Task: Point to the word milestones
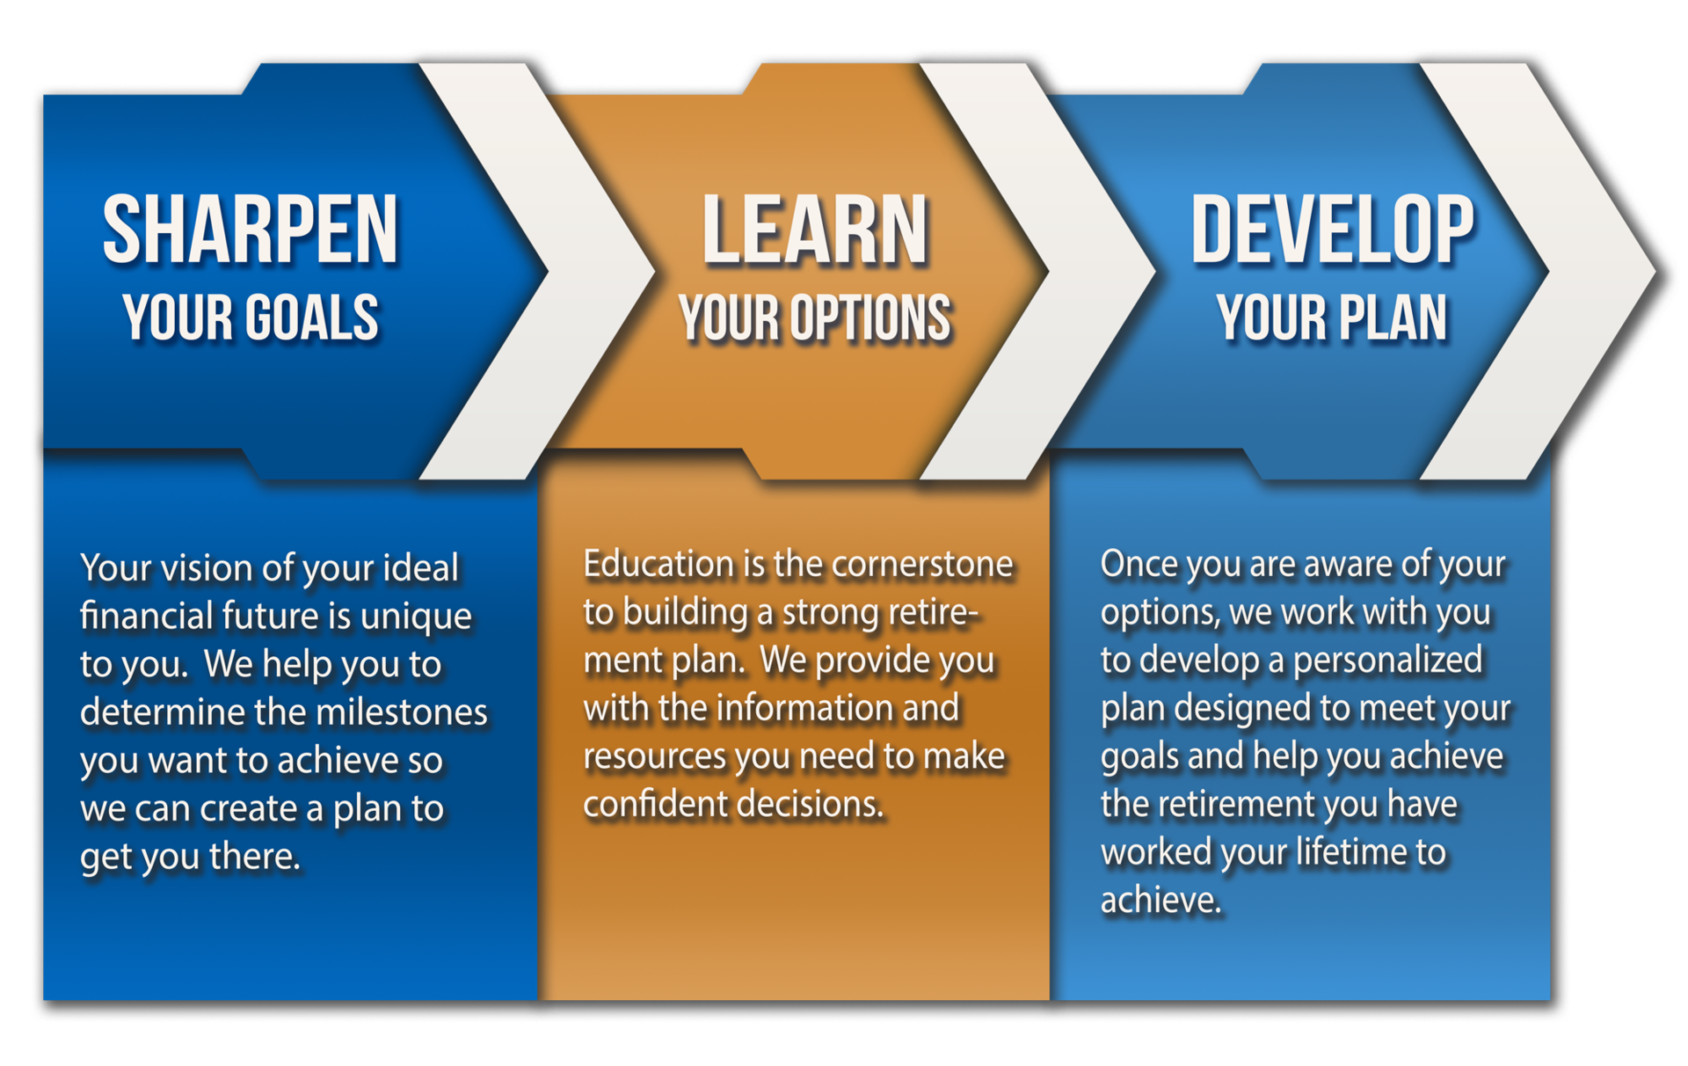pos(401,712)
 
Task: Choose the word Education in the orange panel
pos(658,564)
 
